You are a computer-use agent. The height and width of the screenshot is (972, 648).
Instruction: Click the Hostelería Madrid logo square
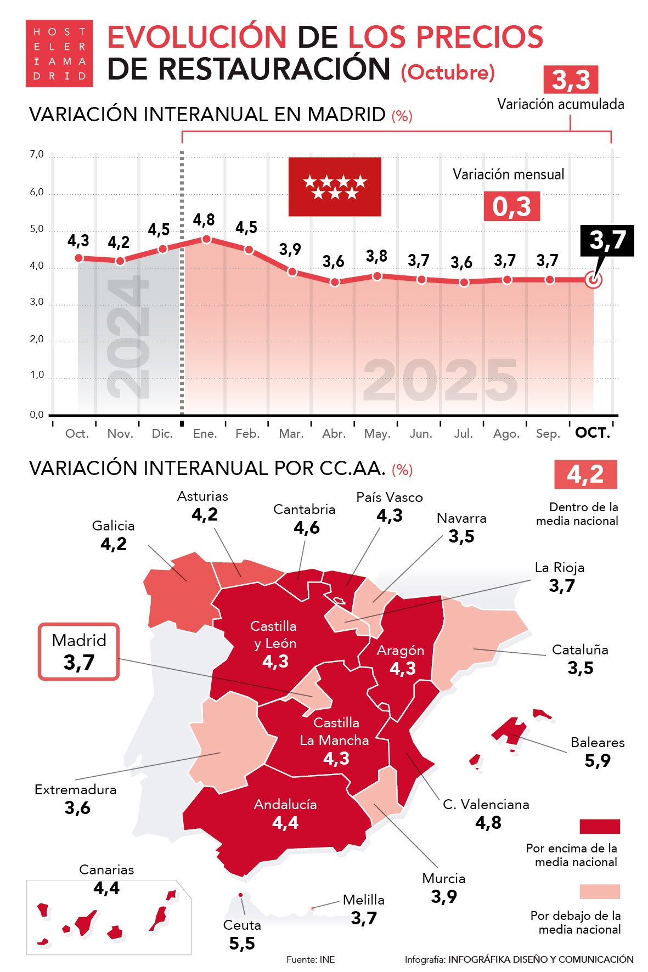click(59, 53)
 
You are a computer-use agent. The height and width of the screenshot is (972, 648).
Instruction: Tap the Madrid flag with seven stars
click(335, 187)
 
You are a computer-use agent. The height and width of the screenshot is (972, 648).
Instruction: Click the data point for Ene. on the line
click(206, 239)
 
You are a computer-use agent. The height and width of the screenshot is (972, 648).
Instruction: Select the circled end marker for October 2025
click(593, 280)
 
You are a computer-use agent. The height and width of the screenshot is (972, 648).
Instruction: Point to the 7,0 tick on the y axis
click(37, 155)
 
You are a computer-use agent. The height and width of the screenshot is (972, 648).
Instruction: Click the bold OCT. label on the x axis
click(593, 433)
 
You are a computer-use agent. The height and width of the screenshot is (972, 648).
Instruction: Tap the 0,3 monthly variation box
click(511, 206)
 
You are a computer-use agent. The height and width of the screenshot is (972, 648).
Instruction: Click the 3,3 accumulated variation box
click(571, 80)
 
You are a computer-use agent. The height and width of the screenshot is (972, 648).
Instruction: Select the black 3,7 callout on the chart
click(607, 240)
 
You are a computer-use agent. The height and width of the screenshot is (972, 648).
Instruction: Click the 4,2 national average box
click(585, 474)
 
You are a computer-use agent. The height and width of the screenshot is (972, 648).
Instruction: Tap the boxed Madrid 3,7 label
click(79, 652)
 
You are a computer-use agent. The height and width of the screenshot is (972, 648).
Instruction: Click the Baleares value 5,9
click(598, 760)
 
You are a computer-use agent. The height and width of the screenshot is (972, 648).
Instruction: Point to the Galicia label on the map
click(113, 525)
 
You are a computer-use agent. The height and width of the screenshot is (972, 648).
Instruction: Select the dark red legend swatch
click(600, 826)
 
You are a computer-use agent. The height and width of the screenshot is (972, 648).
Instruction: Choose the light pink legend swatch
click(600, 891)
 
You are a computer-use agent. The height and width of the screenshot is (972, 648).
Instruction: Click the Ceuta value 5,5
click(242, 943)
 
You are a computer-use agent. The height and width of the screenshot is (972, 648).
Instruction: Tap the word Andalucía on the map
click(285, 804)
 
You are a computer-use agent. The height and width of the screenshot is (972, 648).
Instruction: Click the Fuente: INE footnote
click(311, 959)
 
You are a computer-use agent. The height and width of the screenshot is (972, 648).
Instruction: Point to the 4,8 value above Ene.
click(204, 220)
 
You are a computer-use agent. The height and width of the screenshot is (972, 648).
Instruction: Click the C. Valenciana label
click(486, 804)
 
